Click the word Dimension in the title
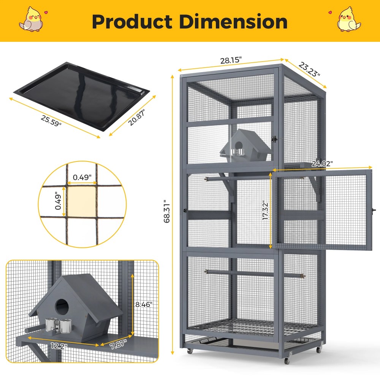click(x=233, y=22)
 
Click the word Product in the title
click(x=132, y=22)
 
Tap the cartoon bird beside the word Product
click(x=32, y=19)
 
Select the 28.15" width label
click(x=231, y=60)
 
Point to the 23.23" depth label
click(x=309, y=70)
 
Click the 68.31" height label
click(x=167, y=211)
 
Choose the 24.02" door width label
click(x=322, y=164)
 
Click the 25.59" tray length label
click(x=51, y=120)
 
